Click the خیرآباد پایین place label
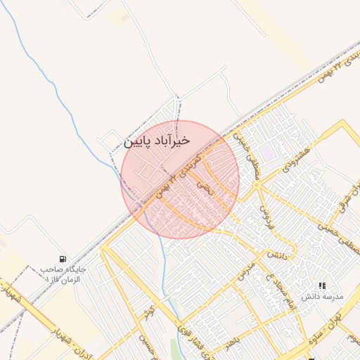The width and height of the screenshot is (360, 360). (157, 141)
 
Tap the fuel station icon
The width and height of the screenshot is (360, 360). (64, 259)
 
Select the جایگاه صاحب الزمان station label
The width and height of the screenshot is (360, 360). (63, 274)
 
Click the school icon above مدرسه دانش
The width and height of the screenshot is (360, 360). (323, 285)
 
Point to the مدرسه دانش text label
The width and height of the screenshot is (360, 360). (322, 297)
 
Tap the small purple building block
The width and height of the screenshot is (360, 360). (268, 153)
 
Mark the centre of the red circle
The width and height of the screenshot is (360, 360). (180, 179)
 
